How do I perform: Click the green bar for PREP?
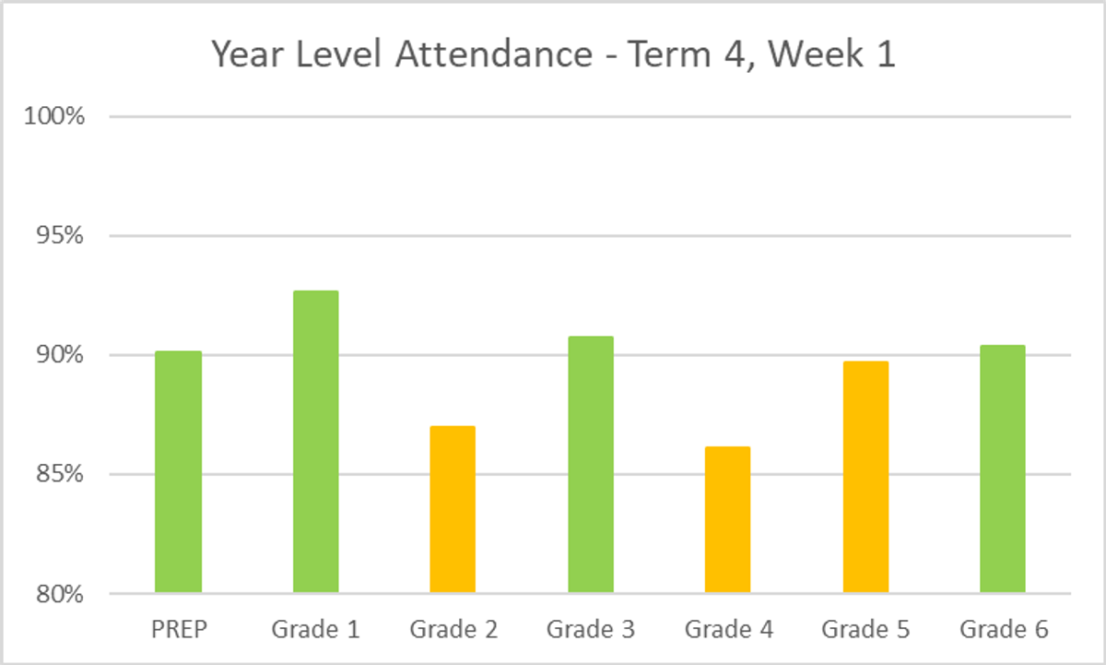point(178,471)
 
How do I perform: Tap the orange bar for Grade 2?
point(453,509)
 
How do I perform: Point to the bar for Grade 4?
point(727,519)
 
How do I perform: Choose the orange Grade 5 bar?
point(865,476)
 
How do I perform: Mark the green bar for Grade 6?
point(1003,469)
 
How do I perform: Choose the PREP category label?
point(178,630)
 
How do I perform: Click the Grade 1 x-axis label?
point(315,630)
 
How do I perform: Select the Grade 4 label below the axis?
point(728,630)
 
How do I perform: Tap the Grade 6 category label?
point(1004,630)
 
